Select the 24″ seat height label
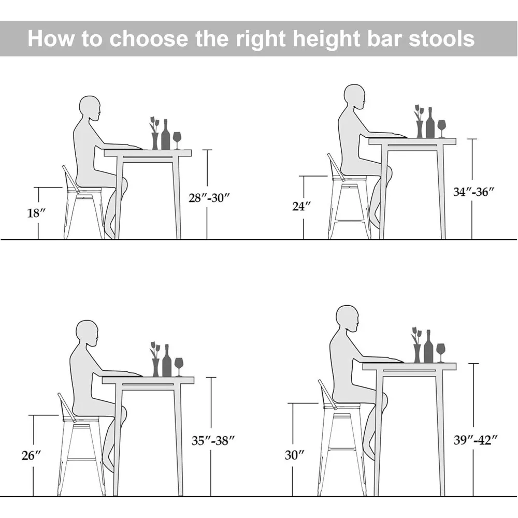pos(301,206)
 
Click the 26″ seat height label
pos(31,455)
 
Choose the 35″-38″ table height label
pos(213,441)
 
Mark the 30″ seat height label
pos(294,455)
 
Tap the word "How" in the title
pos(51,39)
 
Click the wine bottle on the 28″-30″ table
pos(166,135)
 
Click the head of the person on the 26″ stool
pos(87,334)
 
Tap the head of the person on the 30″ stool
pos(347,319)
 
